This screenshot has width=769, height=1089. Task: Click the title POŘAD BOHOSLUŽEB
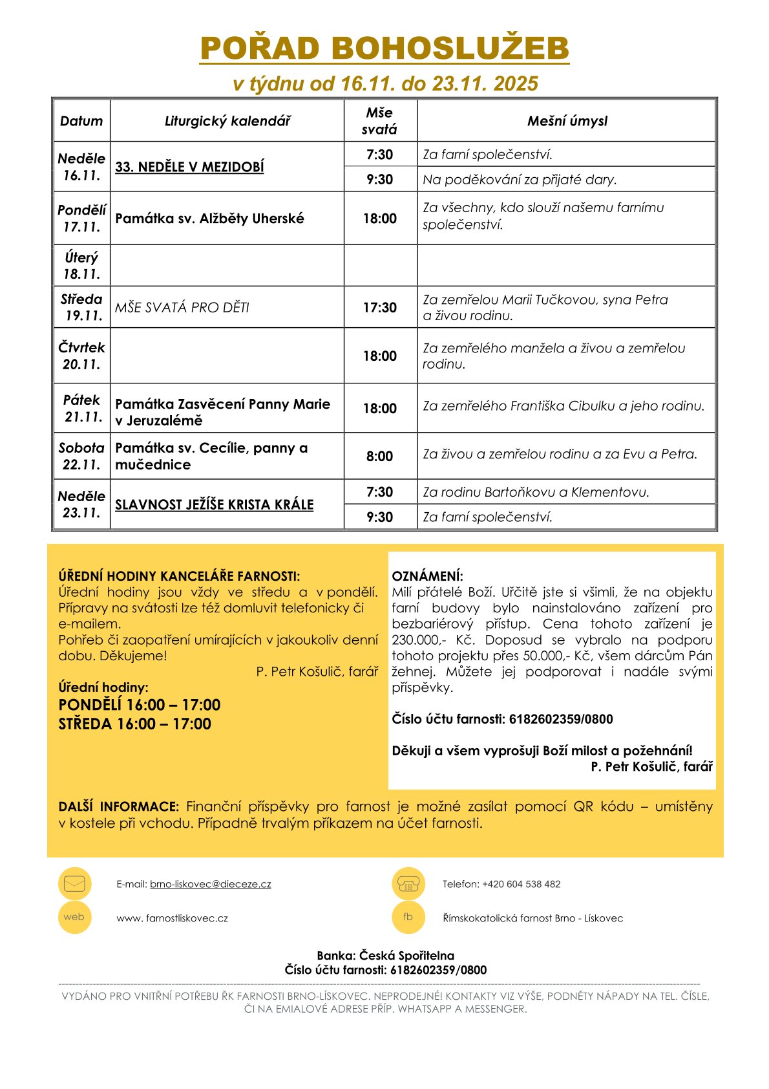(384, 49)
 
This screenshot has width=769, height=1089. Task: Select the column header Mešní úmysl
(567, 121)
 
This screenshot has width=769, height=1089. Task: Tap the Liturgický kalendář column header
(227, 121)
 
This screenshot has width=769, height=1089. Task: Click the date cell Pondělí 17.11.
(81, 219)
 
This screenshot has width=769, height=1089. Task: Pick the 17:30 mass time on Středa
(380, 308)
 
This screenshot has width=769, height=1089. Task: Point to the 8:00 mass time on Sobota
(380, 457)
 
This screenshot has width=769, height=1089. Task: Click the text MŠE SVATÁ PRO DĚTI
(182, 308)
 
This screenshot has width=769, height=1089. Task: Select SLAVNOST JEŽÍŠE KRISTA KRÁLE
(215, 505)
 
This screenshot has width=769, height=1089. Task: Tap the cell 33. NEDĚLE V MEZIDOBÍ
(189, 167)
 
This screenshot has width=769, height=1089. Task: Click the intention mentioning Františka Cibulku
(564, 407)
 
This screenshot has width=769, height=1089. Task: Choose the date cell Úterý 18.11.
(81, 266)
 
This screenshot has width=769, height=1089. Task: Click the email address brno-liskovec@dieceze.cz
(211, 884)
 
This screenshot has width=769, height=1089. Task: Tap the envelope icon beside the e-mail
(75, 883)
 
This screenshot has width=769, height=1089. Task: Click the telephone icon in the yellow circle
(408, 883)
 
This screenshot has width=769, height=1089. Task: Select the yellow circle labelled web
(74, 917)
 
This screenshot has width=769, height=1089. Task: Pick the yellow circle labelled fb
(408, 917)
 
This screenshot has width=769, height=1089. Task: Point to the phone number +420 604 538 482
(521, 884)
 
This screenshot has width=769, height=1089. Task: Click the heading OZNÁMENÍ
(427, 576)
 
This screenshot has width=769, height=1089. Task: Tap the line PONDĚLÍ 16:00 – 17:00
(140, 705)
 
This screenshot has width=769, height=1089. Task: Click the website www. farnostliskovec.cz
(173, 918)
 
